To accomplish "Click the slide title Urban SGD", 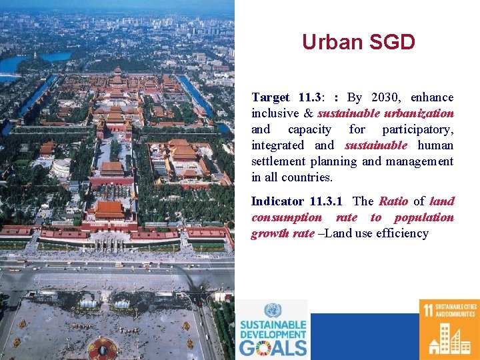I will click(x=358, y=43).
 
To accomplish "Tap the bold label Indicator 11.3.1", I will click(x=297, y=201).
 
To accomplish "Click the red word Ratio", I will click(x=393, y=201).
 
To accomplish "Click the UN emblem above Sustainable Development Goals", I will click(x=272, y=310).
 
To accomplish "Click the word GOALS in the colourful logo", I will click(x=273, y=347).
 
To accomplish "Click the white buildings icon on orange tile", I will click(x=449, y=339).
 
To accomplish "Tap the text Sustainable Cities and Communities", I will click(x=457, y=310).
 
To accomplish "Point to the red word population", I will click(x=423, y=217).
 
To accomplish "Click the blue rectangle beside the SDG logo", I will click(x=363, y=337).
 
